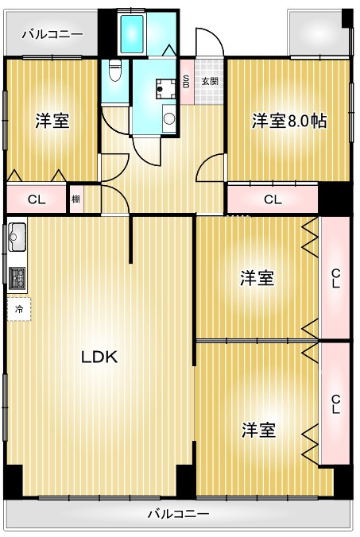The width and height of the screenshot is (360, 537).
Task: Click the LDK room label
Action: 99,357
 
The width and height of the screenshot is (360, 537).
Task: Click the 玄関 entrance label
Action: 209,81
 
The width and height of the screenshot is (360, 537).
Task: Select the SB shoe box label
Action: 186,81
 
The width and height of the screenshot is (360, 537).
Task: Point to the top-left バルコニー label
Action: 52,34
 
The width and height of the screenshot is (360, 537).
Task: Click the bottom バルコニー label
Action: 179,514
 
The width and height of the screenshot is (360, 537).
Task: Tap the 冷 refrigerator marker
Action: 18,309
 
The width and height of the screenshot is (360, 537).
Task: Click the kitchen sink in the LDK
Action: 17,238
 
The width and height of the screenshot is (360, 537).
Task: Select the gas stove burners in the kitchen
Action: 17,276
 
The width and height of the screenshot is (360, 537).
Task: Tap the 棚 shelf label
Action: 75,199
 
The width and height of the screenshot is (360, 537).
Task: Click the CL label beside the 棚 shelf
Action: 36,199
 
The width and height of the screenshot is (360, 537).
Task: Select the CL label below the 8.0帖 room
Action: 273,199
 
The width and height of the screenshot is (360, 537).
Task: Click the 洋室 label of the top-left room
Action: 52,122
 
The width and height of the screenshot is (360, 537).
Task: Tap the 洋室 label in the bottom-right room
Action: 259,430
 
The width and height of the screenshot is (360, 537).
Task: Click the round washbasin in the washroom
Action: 168,120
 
